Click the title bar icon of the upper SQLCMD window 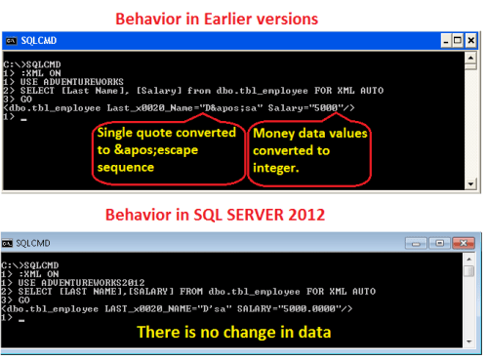click(x=11, y=41)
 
